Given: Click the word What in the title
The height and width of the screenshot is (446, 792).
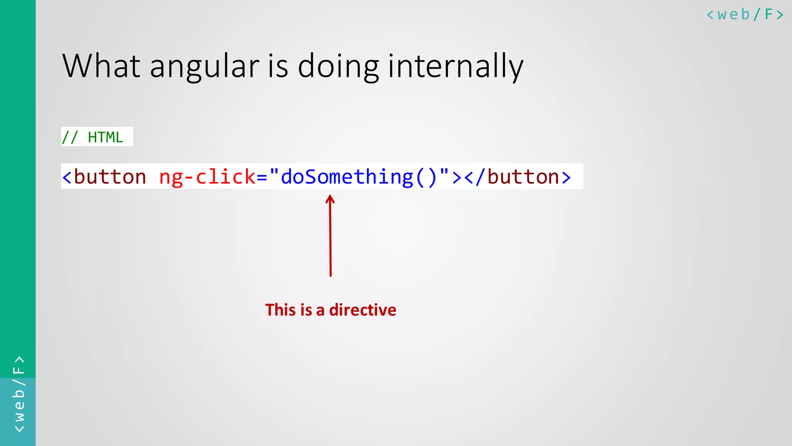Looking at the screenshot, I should click(x=101, y=66).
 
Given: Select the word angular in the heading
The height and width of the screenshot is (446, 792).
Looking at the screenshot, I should click(x=204, y=67).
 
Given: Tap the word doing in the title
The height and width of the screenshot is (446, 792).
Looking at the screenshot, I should click(x=338, y=67).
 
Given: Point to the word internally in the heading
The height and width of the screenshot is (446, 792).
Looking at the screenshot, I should click(x=456, y=67).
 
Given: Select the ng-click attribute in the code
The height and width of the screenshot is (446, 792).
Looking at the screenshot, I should click(x=207, y=177).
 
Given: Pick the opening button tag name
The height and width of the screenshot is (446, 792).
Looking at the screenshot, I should click(x=110, y=177).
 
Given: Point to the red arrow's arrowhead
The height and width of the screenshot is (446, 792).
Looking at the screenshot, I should click(x=330, y=199).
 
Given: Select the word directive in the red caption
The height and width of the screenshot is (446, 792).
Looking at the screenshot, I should click(x=362, y=310).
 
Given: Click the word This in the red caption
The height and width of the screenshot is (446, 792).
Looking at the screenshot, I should click(x=280, y=310).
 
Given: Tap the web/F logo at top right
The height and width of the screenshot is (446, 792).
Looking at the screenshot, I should click(x=744, y=15).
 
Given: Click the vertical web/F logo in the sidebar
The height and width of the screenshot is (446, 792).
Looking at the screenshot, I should click(x=19, y=394).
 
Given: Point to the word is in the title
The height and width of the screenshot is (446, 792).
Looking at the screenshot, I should click(x=278, y=67).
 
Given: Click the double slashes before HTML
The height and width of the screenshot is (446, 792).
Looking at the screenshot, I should click(x=70, y=137).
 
